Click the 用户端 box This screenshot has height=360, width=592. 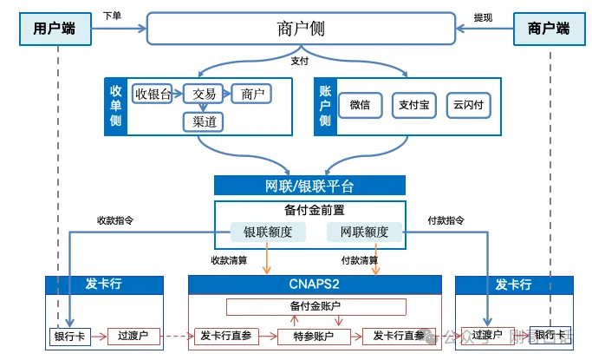click(55, 29)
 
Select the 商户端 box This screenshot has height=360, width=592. click(549, 29)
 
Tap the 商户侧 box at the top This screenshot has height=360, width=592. click(301, 29)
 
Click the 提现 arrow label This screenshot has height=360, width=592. click(483, 17)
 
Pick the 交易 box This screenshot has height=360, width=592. click(205, 94)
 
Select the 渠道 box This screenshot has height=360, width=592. click(205, 121)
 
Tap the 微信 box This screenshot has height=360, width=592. click(360, 105)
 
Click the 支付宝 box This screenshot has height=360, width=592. click(413, 105)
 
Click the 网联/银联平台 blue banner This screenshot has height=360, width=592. click(309, 186)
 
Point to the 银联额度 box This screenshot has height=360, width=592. click(267, 232)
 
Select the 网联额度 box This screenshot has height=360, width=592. click(364, 232)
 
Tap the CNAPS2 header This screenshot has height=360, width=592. click(315, 285)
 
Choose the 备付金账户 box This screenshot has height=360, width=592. click(316, 306)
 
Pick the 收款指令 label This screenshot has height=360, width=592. click(115, 220)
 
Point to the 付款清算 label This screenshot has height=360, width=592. click(359, 260)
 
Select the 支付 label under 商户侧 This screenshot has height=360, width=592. click(300, 62)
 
